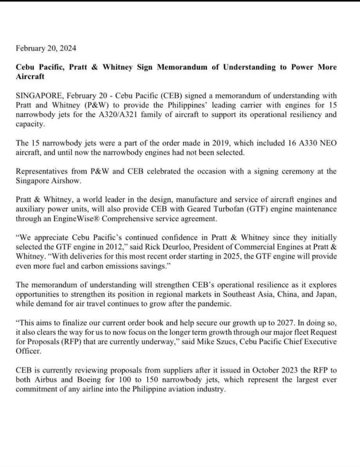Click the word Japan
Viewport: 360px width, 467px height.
(x=324, y=294)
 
